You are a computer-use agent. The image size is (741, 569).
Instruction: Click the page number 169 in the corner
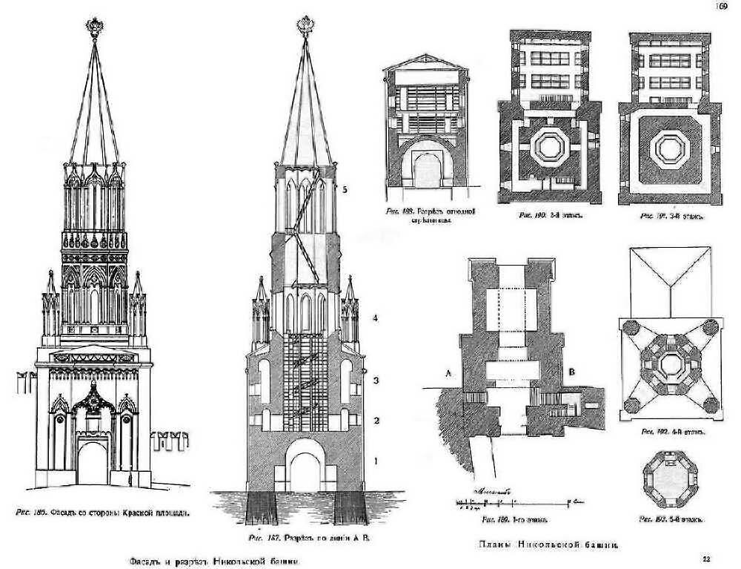(720, 7)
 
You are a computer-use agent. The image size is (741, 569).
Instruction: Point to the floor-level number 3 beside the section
(376, 381)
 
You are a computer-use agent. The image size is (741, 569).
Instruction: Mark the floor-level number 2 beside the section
(376, 421)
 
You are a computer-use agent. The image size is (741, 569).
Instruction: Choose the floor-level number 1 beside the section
(376, 461)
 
